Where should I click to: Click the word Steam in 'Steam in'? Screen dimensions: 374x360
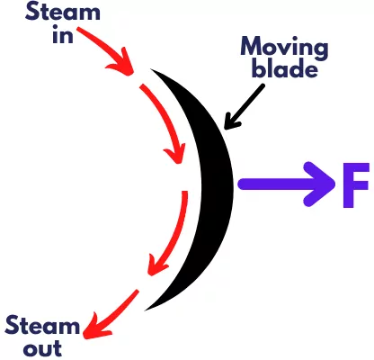pyautogui.click(x=62, y=12)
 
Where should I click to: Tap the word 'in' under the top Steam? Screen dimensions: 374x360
pyautogui.click(x=63, y=34)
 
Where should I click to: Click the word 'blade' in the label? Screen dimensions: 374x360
pyautogui.click(x=284, y=68)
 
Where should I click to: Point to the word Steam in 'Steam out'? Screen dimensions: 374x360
pyautogui.click(x=42, y=325)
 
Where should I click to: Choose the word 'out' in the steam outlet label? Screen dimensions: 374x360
pyautogui.click(x=42, y=348)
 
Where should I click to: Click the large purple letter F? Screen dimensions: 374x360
pyautogui.click(x=356, y=185)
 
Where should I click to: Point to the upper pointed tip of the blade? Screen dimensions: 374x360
pyautogui.click(x=151, y=69)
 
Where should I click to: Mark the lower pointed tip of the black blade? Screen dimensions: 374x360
pyautogui.click(x=145, y=310)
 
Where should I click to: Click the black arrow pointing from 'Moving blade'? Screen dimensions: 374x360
pyautogui.click(x=245, y=107)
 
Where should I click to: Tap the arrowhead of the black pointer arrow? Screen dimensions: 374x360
pyautogui.click(x=231, y=122)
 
